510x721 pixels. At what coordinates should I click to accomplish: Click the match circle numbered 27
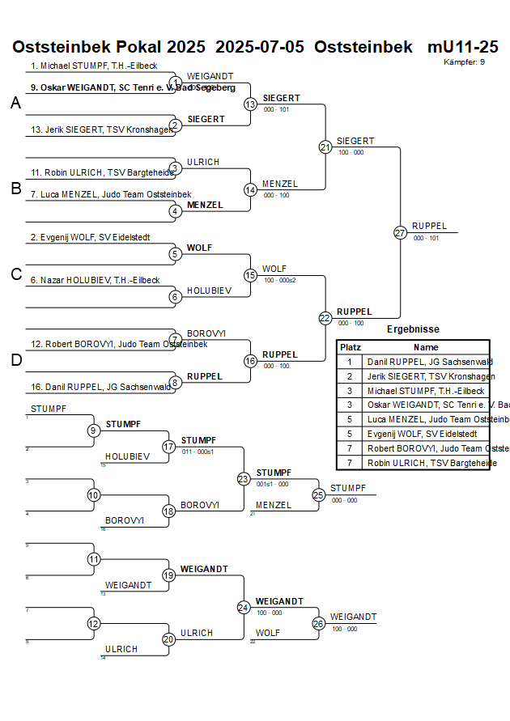coord(400,232)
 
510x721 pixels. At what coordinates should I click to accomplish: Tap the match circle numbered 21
coord(325,147)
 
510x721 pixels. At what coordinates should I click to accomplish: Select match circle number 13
coord(251,104)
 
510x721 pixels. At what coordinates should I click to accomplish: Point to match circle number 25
coord(319,494)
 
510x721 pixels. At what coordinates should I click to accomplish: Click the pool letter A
coord(15,103)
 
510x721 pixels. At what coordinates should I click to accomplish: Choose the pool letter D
coord(15,360)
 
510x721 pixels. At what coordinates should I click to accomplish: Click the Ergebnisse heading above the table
coord(413,329)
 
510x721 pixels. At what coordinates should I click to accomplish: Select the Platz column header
coord(351,346)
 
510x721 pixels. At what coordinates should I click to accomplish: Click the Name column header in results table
coord(426,346)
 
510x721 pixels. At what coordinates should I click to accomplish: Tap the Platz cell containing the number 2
coord(350,376)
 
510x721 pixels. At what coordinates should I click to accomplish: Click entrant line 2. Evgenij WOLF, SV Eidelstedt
coord(90,237)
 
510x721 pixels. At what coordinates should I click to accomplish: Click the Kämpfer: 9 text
coord(465,61)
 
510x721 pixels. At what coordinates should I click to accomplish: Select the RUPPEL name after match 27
coord(429,226)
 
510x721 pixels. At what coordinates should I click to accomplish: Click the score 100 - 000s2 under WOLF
coord(280,279)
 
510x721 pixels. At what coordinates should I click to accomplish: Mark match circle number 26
coord(319,624)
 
